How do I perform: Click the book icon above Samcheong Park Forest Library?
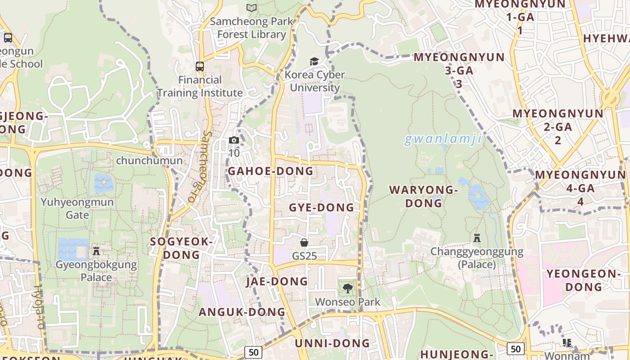[252, 8]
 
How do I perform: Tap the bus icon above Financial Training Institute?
[199, 67]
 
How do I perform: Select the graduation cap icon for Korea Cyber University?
[314, 61]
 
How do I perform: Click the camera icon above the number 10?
[234, 140]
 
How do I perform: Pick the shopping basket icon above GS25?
[304, 243]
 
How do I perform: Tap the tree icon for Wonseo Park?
[347, 288]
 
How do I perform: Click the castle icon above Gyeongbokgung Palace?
[96, 251]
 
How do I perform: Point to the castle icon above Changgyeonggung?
[477, 238]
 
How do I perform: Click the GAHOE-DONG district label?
[270, 171]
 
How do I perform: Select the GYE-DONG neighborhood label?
[321, 207]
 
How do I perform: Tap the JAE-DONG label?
[277, 282]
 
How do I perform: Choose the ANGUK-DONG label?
[242, 312]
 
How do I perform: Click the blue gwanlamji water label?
[443, 139]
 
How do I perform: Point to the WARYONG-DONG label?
[423, 197]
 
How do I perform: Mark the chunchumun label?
[149, 161]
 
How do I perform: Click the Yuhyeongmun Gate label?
[77, 208]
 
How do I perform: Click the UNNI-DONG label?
[332, 343]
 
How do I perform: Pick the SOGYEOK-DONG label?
[181, 248]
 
